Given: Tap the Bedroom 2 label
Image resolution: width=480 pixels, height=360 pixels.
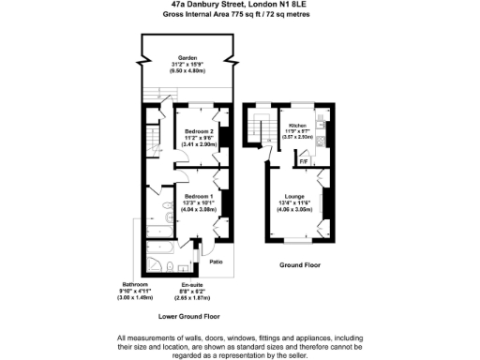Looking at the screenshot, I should click(200, 130).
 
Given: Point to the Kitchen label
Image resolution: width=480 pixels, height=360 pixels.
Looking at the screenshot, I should click(298, 125).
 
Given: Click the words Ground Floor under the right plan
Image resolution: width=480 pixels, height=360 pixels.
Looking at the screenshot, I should click(300, 265).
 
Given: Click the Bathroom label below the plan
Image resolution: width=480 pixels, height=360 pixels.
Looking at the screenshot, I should click(136, 284).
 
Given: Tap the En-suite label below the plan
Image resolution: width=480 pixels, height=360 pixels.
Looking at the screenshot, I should click(191, 284).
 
